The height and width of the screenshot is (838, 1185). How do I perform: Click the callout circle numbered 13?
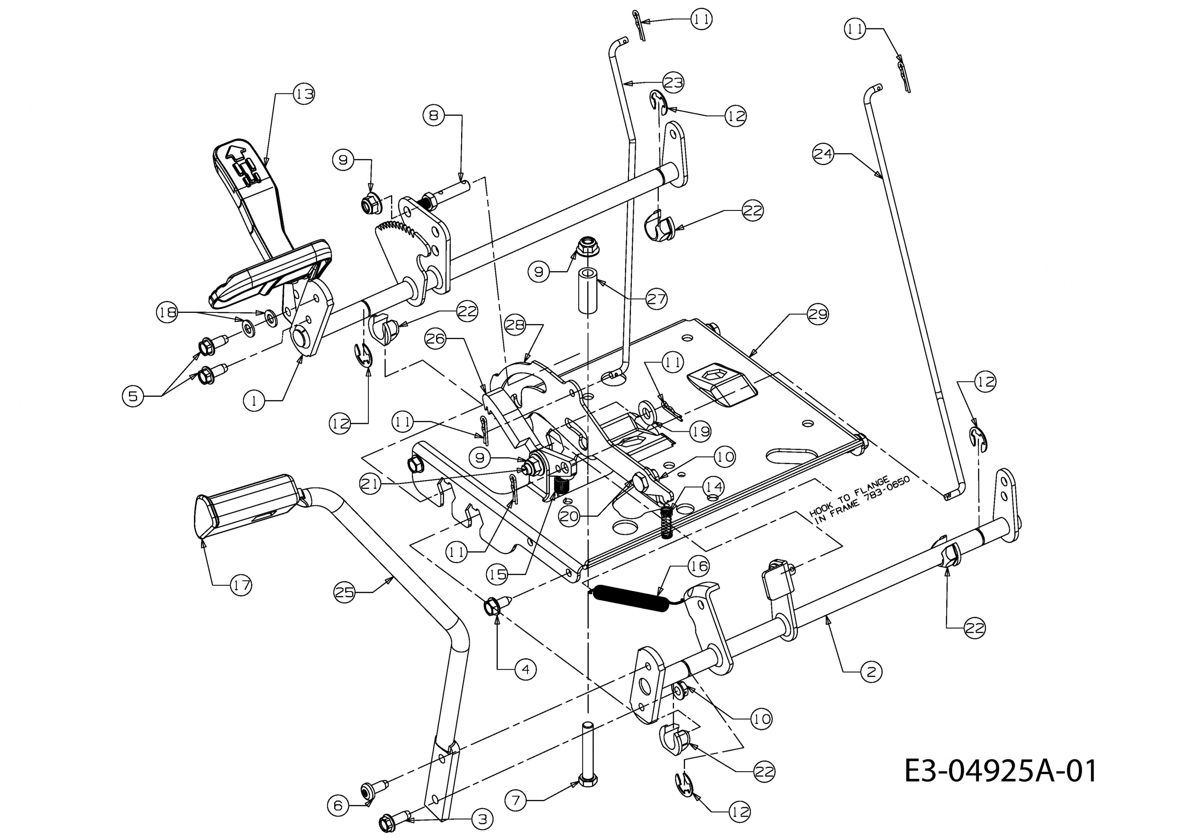click(304, 94)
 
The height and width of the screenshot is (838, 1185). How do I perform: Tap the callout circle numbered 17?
click(240, 585)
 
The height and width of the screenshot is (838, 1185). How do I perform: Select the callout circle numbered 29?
click(817, 314)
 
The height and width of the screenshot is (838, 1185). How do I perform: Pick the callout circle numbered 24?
click(823, 154)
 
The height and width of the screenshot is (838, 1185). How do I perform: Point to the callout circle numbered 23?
click(673, 82)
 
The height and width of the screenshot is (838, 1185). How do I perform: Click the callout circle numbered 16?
click(699, 566)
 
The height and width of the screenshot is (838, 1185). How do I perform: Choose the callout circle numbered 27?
click(656, 299)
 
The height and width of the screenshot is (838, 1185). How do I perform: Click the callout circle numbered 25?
click(345, 592)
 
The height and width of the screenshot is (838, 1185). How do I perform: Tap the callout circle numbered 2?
click(872, 671)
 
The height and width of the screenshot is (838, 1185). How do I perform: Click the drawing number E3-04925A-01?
click(1001, 771)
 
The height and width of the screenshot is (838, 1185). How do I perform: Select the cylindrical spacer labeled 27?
click(588, 291)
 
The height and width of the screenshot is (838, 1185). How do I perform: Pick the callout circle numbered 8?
click(434, 116)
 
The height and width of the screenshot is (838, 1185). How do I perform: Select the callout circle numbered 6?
click(338, 805)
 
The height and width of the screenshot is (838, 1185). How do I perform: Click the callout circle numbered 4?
click(525, 670)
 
